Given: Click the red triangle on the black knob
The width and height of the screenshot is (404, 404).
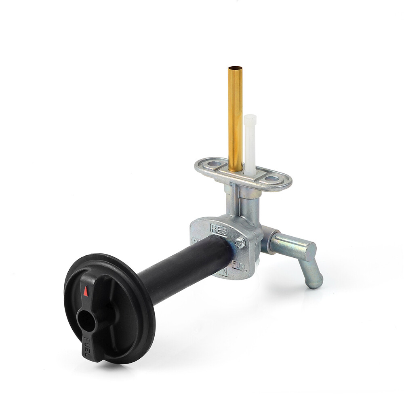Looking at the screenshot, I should coord(86,291).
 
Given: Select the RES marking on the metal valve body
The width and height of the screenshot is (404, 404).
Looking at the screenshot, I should coord(219,230).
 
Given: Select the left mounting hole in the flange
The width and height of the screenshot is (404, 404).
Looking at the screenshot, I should coord(214,164).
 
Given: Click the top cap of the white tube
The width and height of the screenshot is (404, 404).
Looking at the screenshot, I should coord(250,118).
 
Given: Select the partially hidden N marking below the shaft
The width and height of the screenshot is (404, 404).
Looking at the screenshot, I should coord(223,273).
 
